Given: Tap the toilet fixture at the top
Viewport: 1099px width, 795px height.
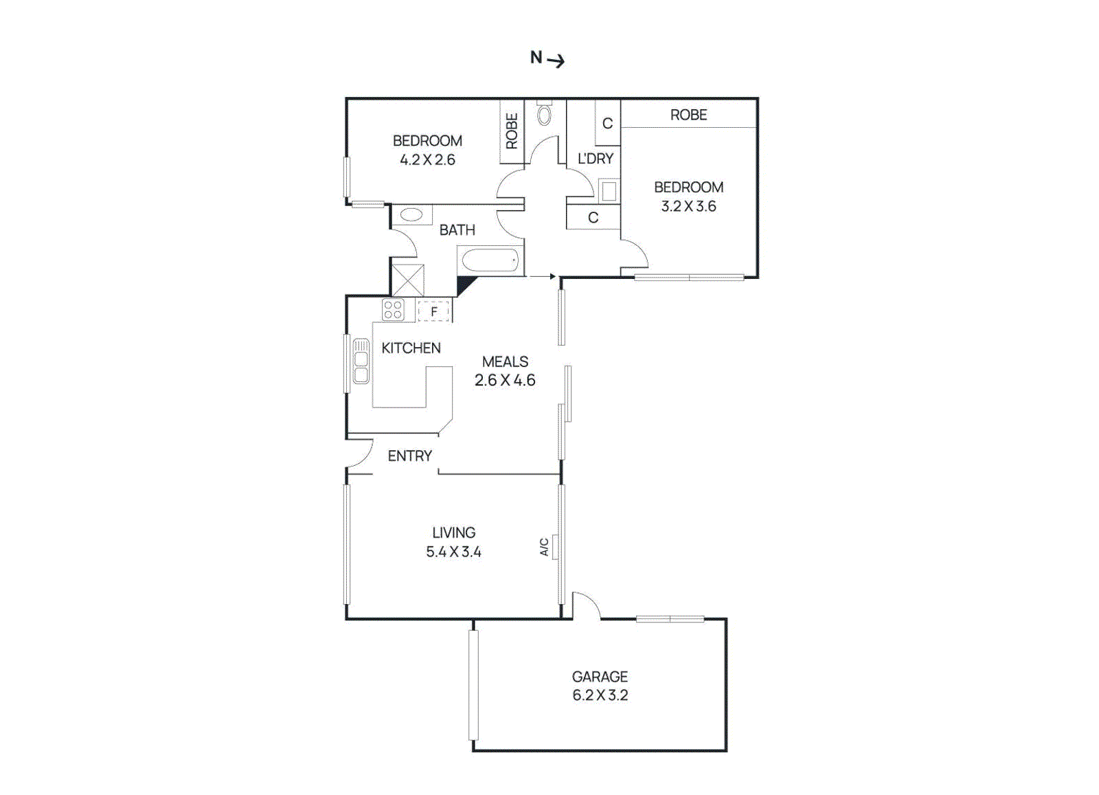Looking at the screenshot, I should click(544, 113).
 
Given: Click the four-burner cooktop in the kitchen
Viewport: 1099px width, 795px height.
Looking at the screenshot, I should click(393, 310).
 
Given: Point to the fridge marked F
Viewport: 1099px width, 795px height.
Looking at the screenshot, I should click(434, 311).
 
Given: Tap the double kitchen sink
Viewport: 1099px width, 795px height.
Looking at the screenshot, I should click(361, 361).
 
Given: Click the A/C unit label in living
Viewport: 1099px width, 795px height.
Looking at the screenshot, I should click(544, 547).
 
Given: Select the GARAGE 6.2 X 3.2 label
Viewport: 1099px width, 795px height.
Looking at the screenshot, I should click(600, 686).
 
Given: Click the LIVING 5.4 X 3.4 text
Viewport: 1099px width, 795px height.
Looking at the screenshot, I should click(453, 542).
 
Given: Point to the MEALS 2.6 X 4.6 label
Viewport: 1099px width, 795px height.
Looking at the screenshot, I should click(505, 371).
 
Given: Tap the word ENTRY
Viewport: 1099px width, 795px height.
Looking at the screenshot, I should click(409, 456).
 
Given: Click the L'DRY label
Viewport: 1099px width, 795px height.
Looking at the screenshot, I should click(595, 159).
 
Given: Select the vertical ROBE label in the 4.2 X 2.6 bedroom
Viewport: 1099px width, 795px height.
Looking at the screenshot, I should click(512, 131).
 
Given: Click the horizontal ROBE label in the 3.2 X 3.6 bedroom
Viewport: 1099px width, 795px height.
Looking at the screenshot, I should click(688, 115).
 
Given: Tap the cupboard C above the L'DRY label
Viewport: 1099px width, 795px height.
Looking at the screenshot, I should click(607, 124).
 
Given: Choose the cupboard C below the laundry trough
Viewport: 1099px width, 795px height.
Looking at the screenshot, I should click(593, 218).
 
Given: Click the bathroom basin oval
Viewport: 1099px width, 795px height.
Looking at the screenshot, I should click(411, 214).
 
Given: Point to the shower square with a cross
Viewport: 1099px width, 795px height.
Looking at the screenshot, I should click(407, 280).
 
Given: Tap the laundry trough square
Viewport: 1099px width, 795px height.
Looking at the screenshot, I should click(609, 191).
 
